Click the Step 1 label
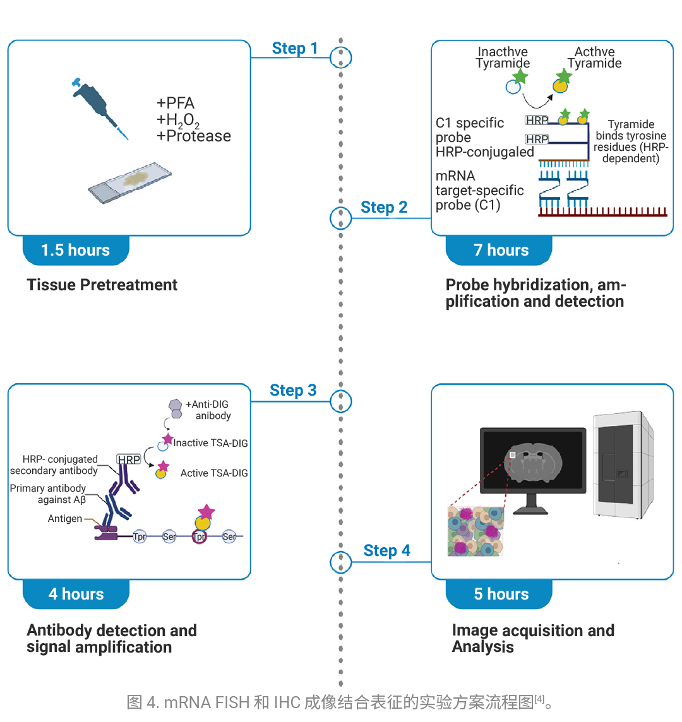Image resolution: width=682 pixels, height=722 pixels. (294, 49)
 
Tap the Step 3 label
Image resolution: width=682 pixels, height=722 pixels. (293, 391)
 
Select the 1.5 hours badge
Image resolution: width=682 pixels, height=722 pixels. (75, 251)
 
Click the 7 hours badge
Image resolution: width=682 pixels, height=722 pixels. (501, 251)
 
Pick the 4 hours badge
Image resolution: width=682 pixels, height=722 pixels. (76, 594)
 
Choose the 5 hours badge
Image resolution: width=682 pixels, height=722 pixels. (501, 594)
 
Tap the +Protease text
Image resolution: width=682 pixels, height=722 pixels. (194, 136)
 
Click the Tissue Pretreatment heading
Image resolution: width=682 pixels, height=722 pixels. (102, 285)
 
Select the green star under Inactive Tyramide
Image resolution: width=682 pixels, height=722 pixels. (520, 77)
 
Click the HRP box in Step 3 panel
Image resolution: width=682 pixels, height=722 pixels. (129, 459)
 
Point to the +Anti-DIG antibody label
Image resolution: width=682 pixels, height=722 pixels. (208, 410)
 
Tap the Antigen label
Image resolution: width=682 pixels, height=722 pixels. (65, 519)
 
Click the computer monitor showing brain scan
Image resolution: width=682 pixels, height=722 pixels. (533, 464)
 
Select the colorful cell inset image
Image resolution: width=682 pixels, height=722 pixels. (476, 531)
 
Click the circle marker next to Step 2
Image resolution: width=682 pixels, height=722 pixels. (341, 218)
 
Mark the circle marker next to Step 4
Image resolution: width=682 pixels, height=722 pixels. (341, 561)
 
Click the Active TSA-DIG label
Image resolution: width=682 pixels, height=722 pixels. (214, 473)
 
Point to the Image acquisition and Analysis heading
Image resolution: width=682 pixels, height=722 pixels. (532, 638)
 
